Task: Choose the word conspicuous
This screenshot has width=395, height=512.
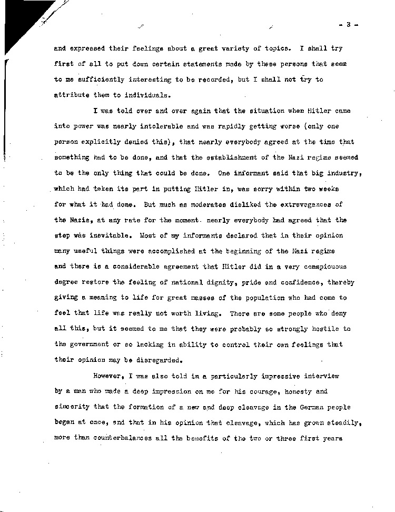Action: (324, 266)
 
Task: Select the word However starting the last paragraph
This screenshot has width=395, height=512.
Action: (110, 377)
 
